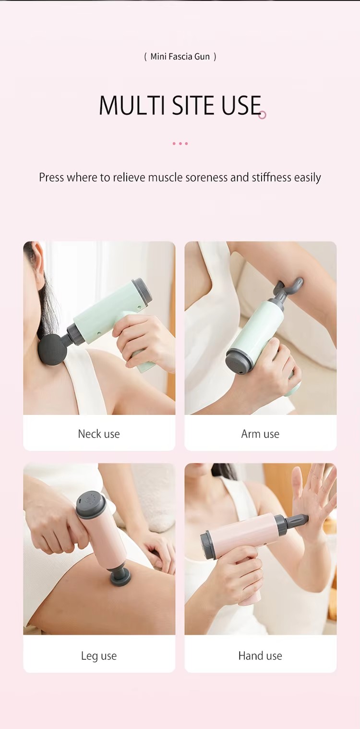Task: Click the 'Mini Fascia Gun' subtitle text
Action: coord(180,57)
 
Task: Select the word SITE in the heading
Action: coord(193,106)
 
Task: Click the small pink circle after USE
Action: coord(263,115)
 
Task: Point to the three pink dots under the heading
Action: coord(180,144)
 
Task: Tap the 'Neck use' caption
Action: coord(99,434)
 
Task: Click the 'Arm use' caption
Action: coord(260,434)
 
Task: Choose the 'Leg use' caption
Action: coord(99,656)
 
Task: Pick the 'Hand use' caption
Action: coord(260,656)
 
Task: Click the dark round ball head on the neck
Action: coord(52,349)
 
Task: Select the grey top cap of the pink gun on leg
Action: coord(90,504)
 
